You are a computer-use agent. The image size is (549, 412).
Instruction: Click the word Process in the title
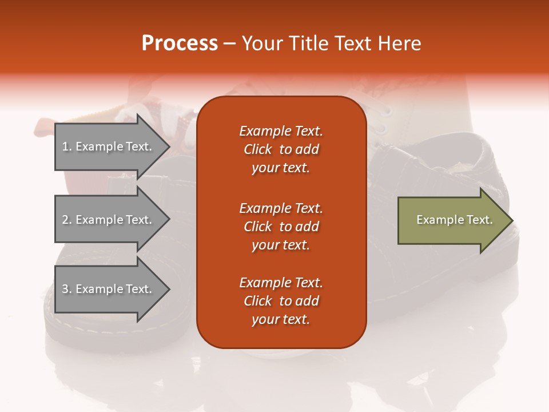pos(180,43)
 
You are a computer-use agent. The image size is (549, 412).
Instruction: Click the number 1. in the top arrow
pos(67,146)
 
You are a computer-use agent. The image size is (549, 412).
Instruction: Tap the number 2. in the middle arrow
pos(67,220)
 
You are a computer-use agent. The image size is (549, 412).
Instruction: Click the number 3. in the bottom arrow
pos(67,289)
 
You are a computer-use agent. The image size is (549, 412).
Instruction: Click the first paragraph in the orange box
pos(281,149)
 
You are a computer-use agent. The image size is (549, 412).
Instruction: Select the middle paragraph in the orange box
pos(281,227)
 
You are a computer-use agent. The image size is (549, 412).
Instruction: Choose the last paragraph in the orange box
pos(281,301)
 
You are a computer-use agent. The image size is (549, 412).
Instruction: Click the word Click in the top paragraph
pos(258,149)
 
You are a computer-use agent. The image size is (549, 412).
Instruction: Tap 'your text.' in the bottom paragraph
pos(281,319)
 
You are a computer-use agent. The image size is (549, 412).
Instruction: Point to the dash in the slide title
pos(230,43)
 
